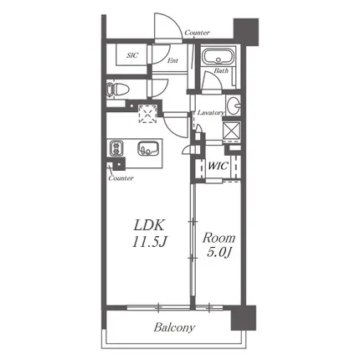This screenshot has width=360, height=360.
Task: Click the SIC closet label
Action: pos(132,55)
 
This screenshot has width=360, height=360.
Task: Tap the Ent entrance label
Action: pos(172,60)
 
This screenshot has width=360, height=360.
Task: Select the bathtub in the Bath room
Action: pos(219,57)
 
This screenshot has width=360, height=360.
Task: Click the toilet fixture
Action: pos(117,90)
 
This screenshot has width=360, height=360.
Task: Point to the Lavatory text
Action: pos(210,113)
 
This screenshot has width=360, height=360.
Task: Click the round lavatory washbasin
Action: pos(234,105)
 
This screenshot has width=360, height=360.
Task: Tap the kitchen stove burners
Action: pos(116,147)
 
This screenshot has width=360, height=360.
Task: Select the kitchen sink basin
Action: pos(148,148)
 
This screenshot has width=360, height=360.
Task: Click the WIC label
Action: pos(219,166)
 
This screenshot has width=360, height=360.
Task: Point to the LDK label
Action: pos(149,225)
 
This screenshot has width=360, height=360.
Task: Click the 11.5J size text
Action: pos(149,241)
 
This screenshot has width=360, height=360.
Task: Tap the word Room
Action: pos(219,238)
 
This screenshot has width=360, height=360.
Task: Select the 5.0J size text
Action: pos(219,253)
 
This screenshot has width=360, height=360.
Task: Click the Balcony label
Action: pos(174,327)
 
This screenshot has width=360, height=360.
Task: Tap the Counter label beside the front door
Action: pos(198,33)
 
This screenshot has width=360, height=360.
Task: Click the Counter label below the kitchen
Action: pos(121,178)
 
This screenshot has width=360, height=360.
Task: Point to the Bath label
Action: pos(221,70)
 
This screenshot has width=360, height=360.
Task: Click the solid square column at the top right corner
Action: pos(246,32)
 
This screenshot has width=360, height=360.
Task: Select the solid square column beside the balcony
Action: pos(244,318)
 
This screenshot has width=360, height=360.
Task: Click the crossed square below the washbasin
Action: pos(232,130)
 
